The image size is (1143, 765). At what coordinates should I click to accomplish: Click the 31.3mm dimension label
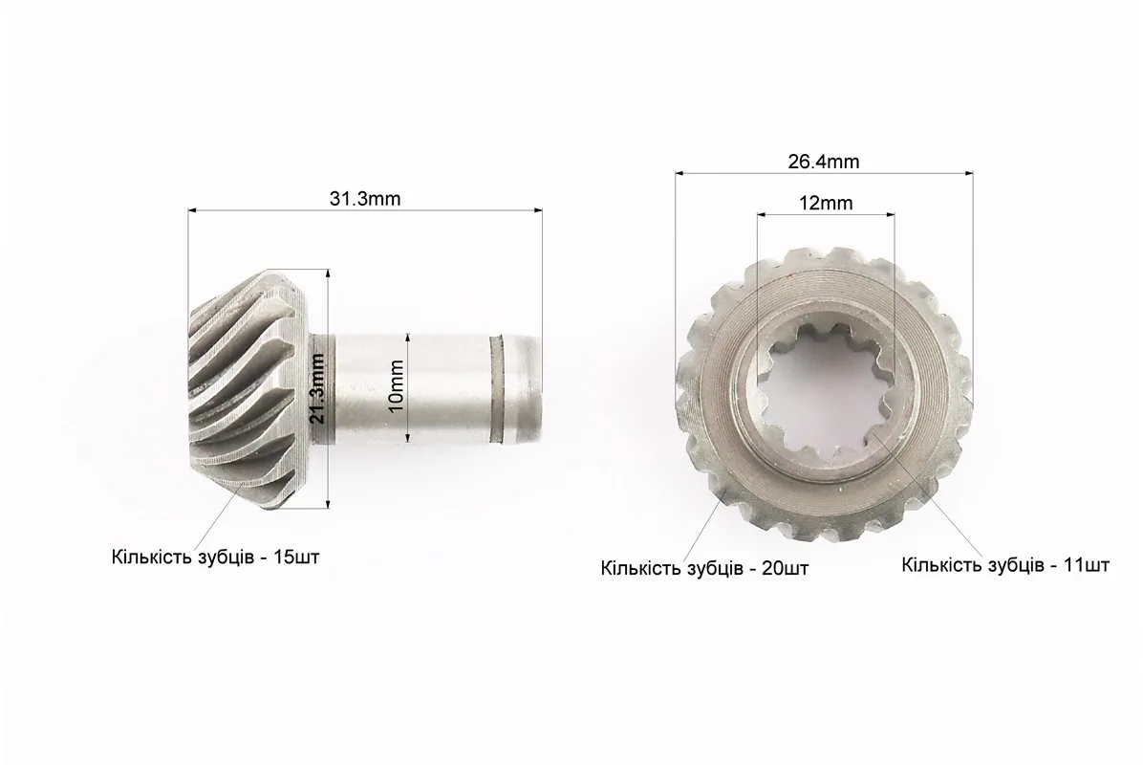pyautogui.click(x=364, y=198)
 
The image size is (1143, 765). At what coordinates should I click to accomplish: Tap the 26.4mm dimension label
pyautogui.click(x=824, y=162)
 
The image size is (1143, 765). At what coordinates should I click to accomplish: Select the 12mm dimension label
pyautogui.click(x=826, y=203)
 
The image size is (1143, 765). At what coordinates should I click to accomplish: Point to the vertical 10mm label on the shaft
pyautogui.click(x=397, y=385)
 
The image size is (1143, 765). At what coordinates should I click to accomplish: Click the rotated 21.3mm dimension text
pyautogui.click(x=317, y=388)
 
